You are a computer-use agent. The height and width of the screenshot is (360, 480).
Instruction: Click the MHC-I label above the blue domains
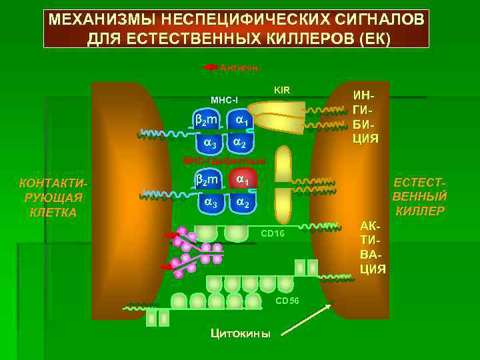pos(225,100)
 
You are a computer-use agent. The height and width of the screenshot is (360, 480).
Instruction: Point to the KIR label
pos(282,89)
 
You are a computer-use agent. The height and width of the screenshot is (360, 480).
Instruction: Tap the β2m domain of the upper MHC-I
pos(206,120)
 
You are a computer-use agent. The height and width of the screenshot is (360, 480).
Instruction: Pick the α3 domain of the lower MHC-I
pos(210,203)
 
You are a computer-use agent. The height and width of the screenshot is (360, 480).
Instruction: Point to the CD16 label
pos(272,233)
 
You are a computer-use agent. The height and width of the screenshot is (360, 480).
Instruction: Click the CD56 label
pos(287,300)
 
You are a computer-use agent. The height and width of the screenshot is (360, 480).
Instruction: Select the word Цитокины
pos(241,333)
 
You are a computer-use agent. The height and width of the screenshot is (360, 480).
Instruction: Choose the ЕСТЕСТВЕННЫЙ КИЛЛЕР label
pos(419,197)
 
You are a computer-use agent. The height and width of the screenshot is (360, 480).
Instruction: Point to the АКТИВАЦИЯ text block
pos(373,247)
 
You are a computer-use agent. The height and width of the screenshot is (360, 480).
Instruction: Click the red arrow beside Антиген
pos(210,67)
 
